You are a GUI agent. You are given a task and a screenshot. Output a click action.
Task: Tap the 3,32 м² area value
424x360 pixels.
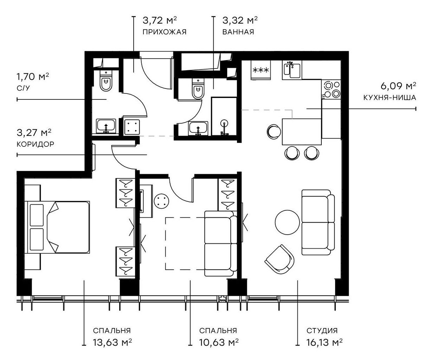point(240,20)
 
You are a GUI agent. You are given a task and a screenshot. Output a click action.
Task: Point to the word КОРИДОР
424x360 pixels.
point(35,144)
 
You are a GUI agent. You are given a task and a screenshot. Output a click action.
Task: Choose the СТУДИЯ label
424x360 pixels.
point(322,330)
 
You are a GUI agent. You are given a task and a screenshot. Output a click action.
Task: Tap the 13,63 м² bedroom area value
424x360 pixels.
point(112,342)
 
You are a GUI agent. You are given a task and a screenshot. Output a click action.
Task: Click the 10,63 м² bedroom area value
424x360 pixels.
point(218,342)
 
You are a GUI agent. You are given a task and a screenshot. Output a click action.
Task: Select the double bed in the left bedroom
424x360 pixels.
point(58,227)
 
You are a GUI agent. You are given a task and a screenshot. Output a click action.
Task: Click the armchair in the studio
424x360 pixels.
point(280,260)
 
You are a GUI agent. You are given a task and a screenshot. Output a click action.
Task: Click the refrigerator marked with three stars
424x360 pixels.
point(261,70)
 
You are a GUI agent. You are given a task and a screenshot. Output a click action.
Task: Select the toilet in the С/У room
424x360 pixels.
point(105,81)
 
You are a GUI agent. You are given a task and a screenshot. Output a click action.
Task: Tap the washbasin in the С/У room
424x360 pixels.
point(106,126)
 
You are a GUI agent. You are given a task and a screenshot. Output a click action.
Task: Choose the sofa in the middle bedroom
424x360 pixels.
point(221,244)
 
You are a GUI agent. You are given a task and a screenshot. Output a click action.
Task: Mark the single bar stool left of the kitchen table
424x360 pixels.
point(274,131)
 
